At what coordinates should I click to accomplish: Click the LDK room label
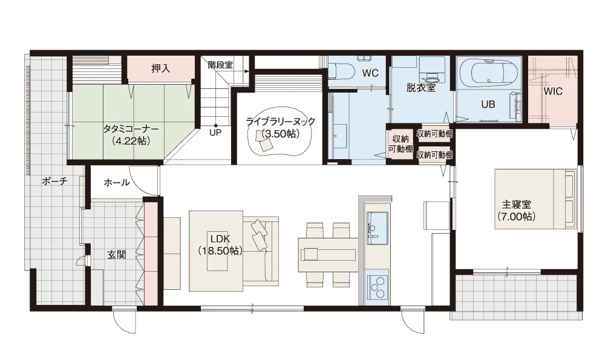[220, 244]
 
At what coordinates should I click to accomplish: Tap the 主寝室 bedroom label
[517, 211]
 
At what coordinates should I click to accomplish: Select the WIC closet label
[553, 91]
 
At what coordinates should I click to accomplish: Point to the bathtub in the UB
[488, 73]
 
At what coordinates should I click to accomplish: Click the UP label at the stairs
[215, 133]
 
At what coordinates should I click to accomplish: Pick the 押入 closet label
[160, 68]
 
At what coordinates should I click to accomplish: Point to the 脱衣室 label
[420, 88]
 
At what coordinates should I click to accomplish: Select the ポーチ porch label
[54, 182]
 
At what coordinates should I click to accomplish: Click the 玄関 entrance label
[116, 255]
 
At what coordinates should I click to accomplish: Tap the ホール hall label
[117, 182]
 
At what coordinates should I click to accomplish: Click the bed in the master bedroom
[535, 199]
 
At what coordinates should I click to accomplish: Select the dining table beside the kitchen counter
[327, 255]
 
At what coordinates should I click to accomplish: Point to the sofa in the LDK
[261, 249]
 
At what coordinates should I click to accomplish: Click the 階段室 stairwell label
[220, 65]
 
